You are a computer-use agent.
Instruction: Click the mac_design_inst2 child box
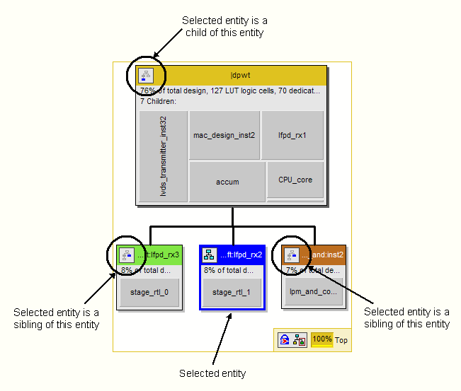pos(224,134)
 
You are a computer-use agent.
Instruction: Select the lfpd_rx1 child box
pos(292,134)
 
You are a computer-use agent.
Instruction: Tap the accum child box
pos(227,182)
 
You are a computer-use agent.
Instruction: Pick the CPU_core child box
pos(295,180)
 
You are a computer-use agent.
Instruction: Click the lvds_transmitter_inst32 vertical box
pos(164,156)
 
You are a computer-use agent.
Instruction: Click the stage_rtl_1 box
pos(232,292)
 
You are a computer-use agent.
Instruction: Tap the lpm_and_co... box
pos(314,292)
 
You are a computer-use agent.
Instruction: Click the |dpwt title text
pos(241,75)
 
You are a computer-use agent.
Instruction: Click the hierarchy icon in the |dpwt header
pos(146,75)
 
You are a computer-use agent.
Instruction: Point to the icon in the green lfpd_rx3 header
pos(126,255)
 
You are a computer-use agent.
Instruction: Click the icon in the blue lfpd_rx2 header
pos(209,255)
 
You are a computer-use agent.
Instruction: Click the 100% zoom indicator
pos(321,339)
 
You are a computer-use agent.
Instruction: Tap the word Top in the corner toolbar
pos(341,340)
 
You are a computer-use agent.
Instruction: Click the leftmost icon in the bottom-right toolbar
pos(283,340)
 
